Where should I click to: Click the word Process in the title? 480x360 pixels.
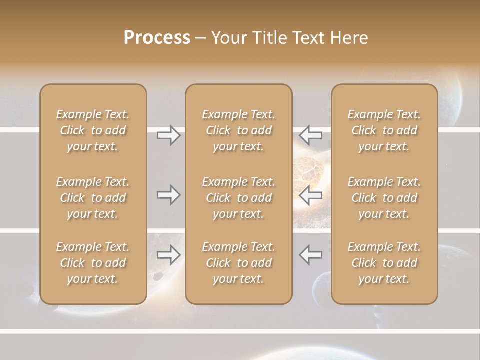[157, 37]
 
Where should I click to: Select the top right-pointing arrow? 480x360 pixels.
[169, 135]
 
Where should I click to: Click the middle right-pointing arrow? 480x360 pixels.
[169, 195]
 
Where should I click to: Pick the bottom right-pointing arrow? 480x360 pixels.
[169, 255]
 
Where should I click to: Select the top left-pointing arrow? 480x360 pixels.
[310, 135]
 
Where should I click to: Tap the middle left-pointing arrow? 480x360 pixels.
[310, 195]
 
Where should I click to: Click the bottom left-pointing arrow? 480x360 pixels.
[310, 255]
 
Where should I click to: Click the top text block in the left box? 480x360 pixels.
[93, 130]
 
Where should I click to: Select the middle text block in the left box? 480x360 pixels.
[93, 198]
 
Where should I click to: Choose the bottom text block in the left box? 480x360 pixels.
[93, 263]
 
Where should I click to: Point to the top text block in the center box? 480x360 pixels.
[238, 130]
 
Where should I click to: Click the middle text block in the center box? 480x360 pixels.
[238, 198]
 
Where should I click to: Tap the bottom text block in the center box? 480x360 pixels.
[238, 263]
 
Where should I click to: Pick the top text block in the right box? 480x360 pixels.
[384, 130]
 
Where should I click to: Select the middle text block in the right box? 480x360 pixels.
[384, 198]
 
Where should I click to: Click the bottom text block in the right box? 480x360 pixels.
[384, 263]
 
